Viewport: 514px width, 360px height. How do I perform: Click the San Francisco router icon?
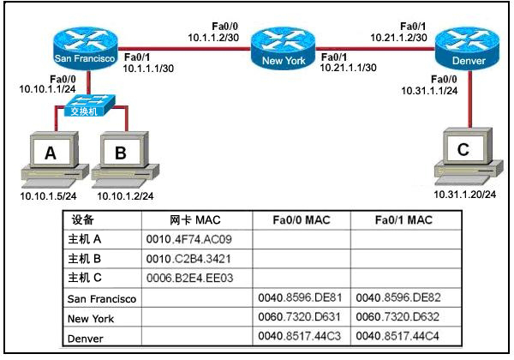(x=85, y=49)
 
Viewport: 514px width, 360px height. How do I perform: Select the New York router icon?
(x=283, y=49)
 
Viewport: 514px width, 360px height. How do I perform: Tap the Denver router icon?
(x=468, y=49)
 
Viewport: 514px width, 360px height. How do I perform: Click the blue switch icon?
(x=89, y=105)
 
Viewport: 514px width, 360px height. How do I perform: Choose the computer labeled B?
(x=125, y=156)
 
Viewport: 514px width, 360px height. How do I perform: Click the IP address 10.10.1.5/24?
(x=48, y=196)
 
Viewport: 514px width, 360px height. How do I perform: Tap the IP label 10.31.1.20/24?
(x=465, y=195)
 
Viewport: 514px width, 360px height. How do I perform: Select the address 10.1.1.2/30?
(x=213, y=38)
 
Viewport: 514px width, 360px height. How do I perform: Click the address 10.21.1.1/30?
(x=348, y=68)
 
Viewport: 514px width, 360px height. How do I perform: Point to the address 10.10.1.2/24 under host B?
(x=125, y=196)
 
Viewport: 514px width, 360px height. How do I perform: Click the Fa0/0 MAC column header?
(x=302, y=220)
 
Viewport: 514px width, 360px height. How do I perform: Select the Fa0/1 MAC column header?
(x=403, y=220)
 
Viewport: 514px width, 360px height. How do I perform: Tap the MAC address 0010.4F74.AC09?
(x=188, y=239)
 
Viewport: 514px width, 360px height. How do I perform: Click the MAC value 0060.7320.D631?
(x=299, y=317)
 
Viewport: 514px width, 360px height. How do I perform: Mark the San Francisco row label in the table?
(x=102, y=298)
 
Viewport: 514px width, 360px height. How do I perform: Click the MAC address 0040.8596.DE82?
(x=398, y=297)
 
